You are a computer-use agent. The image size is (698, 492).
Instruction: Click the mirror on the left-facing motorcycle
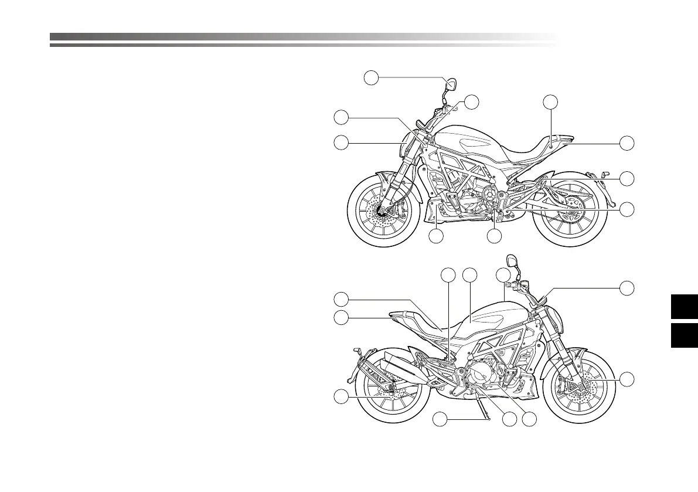(x=451, y=84)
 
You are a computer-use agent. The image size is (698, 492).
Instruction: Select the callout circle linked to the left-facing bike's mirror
(x=370, y=77)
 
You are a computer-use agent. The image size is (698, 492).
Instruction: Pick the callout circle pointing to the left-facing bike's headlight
(x=341, y=142)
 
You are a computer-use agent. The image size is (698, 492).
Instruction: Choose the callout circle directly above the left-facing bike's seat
(x=550, y=102)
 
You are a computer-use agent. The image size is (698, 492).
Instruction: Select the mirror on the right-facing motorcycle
(x=510, y=259)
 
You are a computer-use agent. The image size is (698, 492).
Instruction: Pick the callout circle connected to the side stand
(x=441, y=419)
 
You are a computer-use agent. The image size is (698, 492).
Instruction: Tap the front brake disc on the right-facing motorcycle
(x=580, y=390)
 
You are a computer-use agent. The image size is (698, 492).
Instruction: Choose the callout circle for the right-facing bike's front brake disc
(x=627, y=379)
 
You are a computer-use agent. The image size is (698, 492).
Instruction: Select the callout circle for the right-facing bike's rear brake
(x=341, y=398)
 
